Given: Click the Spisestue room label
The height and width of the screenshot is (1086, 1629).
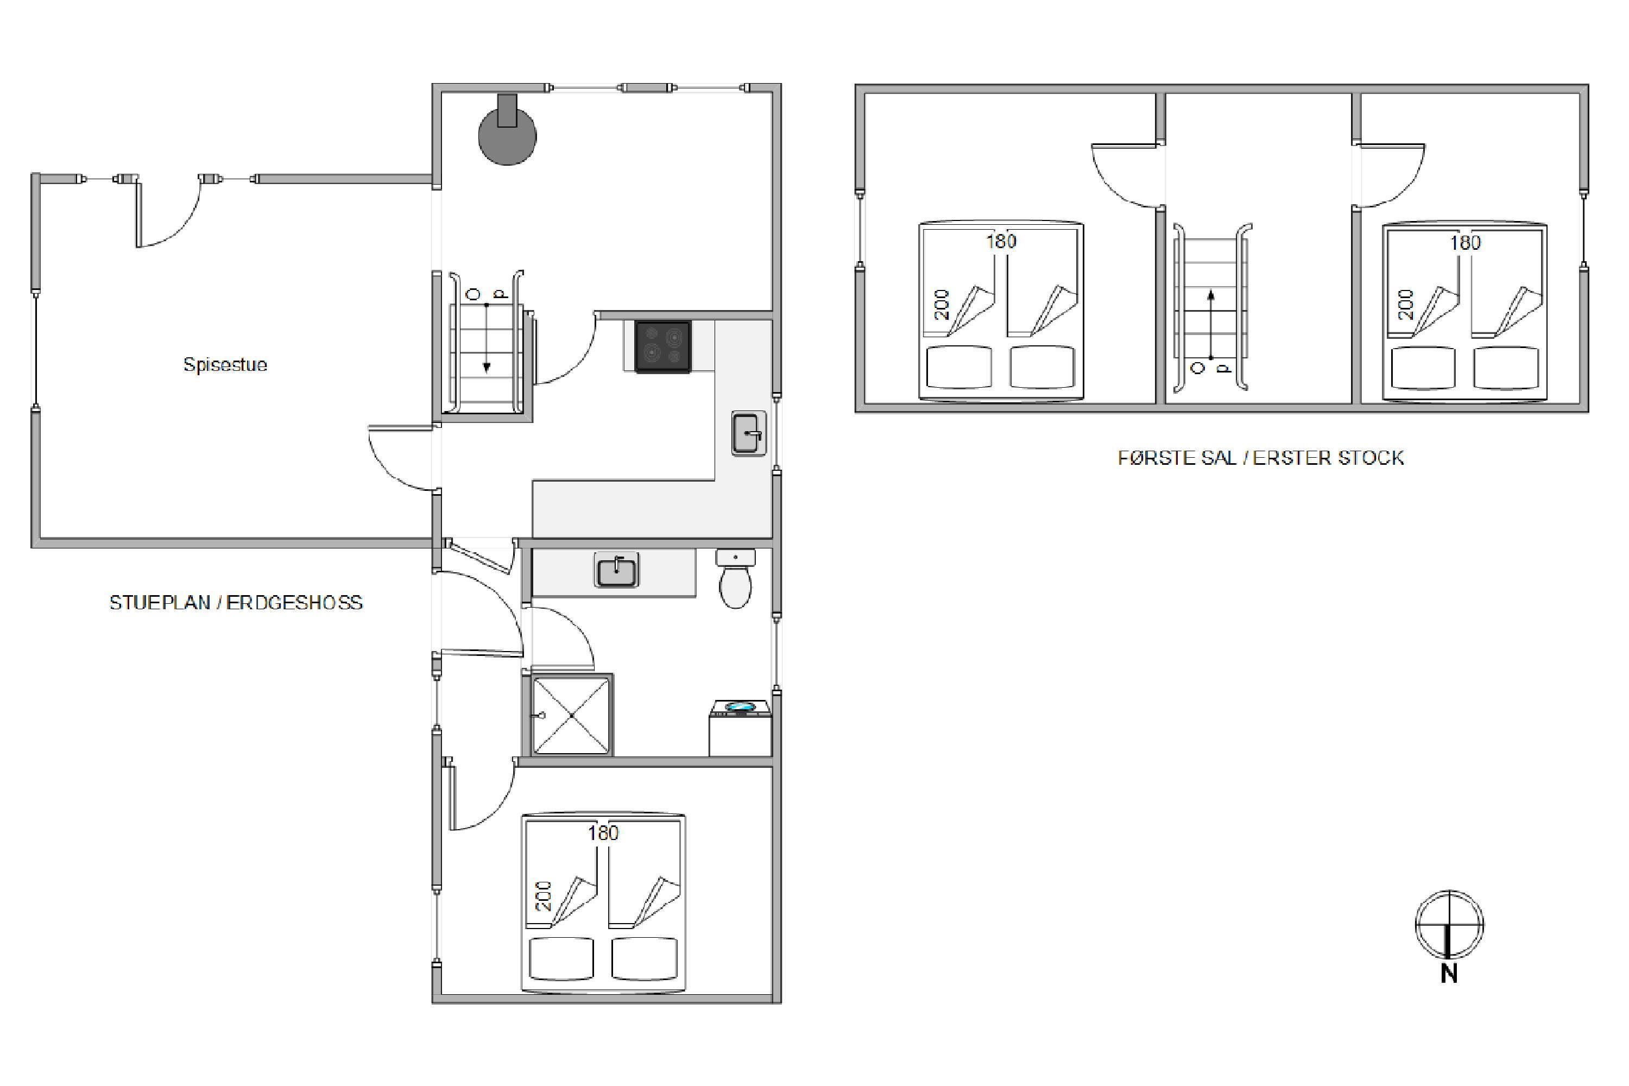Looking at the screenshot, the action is click(225, 364).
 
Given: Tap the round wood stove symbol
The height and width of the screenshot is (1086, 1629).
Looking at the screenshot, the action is click(508, 135).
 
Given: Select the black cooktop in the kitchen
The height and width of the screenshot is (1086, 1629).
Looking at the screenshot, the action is click(663, 346).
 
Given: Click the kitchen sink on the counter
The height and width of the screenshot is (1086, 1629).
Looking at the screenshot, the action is click(749, 433).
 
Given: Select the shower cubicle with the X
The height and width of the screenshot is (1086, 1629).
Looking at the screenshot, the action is click(571, 714).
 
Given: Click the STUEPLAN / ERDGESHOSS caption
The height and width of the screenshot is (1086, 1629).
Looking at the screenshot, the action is click(236, 603).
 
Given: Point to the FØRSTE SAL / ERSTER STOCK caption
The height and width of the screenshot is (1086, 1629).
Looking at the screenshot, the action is click(1260, 458).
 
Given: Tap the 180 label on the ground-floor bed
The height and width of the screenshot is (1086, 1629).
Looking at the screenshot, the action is click(603, 832).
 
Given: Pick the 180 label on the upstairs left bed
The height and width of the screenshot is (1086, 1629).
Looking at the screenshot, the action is click(1001, 241).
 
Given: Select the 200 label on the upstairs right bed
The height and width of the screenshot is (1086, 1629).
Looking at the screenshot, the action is click(1405, 304).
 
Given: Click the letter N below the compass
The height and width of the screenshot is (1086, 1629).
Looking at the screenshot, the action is click(1449, 973).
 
